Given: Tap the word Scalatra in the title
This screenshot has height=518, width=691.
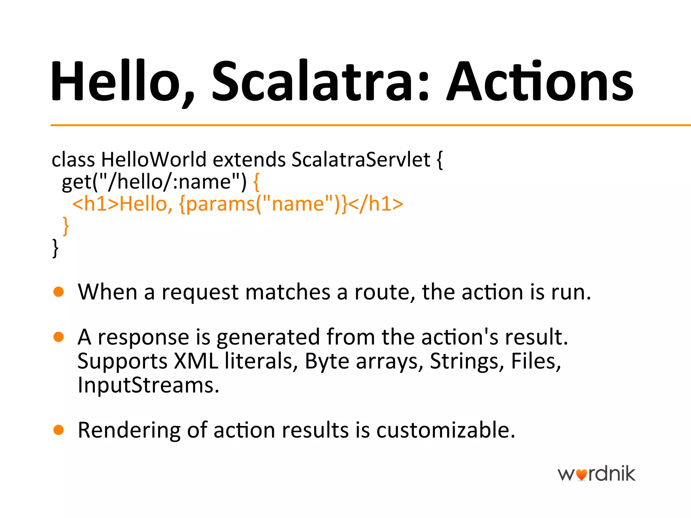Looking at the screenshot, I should coord(310,81).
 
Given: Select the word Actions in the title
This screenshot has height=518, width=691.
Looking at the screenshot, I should coord(540,81).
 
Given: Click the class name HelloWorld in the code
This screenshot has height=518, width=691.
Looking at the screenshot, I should coord(154,159).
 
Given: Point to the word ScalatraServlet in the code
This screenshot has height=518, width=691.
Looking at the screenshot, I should coord(361,159).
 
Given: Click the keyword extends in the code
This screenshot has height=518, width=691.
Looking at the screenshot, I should coord(249,159).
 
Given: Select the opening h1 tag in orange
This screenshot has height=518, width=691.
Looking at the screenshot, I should coord(95,204).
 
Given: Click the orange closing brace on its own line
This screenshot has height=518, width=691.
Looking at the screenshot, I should coord(66,226).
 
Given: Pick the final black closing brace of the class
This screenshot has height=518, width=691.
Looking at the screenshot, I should coord(55,248).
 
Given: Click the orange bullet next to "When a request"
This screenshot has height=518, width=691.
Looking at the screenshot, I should coord(59,292).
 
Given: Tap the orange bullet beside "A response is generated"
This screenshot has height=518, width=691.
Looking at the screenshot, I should coord(59,337).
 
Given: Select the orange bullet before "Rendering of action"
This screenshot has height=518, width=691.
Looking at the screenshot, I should coord(59,430).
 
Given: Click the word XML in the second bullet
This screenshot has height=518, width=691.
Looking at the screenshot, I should coord(196,361).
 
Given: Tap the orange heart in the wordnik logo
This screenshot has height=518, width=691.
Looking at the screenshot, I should coord(581,475).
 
